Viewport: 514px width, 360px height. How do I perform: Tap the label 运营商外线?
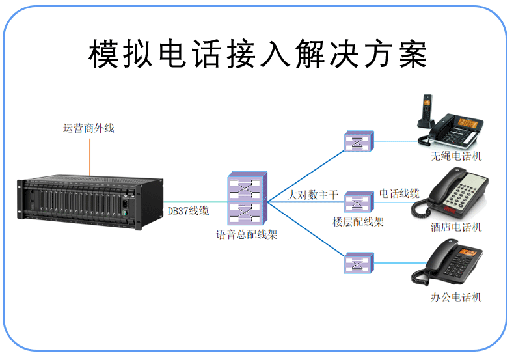(88, 128)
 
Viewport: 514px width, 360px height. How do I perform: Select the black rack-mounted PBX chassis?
(81, 201)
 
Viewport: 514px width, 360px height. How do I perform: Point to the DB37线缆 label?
(188, 211)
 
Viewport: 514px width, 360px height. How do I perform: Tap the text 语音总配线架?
(247, 234)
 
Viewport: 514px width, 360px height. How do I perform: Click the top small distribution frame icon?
(358, 141)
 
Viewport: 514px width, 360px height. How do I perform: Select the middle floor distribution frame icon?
(358, 202)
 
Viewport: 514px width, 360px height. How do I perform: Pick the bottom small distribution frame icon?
(358, 262)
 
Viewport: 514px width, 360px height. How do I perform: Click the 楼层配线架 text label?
(358, 222)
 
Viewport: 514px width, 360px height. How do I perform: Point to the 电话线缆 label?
(399, 193)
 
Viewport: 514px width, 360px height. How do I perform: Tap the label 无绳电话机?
(456, 157)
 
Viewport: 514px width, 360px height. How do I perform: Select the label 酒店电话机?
(456, 227)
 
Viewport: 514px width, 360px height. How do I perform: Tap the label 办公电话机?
(456, 298)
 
